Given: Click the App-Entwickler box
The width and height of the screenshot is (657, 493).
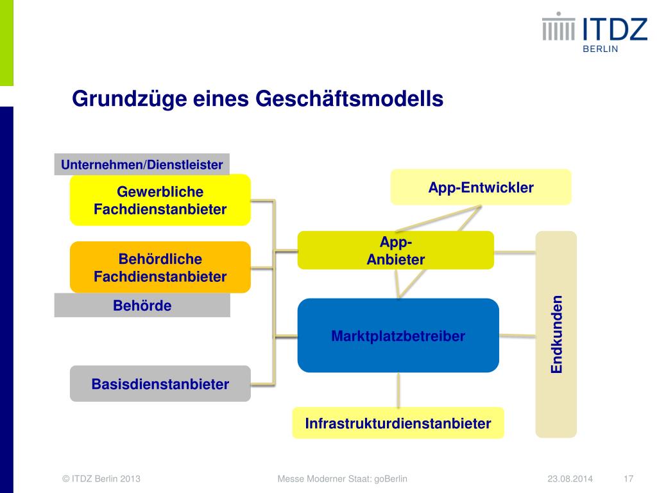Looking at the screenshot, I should tap(481, 187).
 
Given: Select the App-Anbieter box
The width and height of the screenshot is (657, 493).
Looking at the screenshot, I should tap(395, 250).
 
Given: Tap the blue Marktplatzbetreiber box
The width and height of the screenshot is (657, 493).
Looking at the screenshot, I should tap(398, 335).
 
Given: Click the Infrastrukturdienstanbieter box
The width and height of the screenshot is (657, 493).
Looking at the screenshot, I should tap(398, 423).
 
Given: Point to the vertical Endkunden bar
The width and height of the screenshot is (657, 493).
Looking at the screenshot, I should tap(556, 334).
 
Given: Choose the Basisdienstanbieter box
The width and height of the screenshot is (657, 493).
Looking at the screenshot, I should tap(160, 384).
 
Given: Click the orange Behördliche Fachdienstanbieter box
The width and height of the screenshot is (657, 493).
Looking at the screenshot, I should tap(160, 267).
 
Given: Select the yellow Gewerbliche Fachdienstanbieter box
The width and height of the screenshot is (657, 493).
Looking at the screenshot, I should tap(160, 200).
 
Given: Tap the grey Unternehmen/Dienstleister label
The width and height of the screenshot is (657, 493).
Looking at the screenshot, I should tap(142, 164).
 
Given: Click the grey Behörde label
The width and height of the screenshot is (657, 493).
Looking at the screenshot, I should tap(142, 306).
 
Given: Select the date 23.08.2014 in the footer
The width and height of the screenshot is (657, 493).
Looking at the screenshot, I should tap(570, 479).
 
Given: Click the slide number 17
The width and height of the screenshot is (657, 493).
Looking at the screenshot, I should tap(628, 479).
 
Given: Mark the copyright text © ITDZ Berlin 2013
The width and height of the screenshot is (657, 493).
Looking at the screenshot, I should tap(101, 479).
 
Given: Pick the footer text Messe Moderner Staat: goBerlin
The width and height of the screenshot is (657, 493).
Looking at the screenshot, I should tap(342, 479).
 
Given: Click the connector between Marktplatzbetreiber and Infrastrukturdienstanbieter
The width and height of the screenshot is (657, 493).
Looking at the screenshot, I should tap(398, 390).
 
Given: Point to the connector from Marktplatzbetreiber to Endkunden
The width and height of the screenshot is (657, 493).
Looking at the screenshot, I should tap(517, 335).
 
